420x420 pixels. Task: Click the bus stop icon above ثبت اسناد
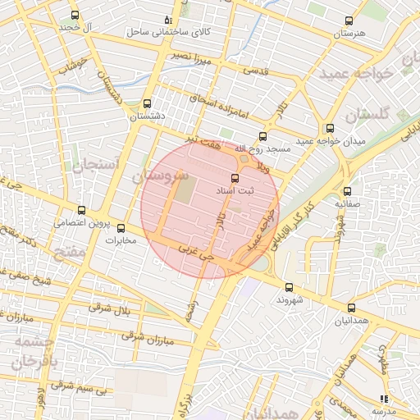(235, 178)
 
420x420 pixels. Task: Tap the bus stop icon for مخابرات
(121, 228)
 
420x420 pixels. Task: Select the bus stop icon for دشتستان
(147, 104)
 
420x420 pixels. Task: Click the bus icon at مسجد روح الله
(262, 136)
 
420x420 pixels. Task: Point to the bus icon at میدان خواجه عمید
(330, 129)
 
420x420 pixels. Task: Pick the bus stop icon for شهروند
(289, 287)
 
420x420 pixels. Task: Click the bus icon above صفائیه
(347, 190)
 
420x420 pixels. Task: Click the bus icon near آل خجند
(75, 16)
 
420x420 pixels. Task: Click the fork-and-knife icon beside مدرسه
(383, 398)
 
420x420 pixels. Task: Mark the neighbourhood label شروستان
(160, 176)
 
